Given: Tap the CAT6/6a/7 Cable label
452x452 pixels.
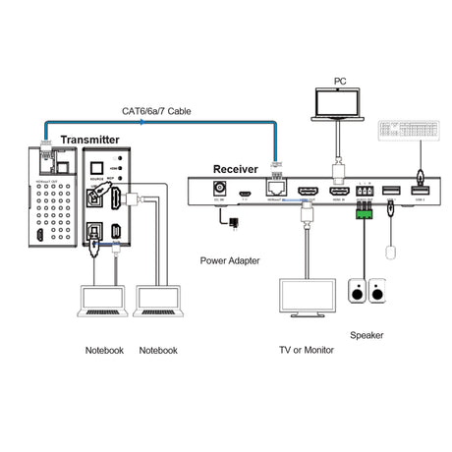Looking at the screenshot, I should point(156,111).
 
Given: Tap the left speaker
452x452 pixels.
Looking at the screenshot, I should point(358,292).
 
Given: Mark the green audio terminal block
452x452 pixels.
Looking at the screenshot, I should point(366,207).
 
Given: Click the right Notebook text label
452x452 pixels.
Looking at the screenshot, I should point(158,350).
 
